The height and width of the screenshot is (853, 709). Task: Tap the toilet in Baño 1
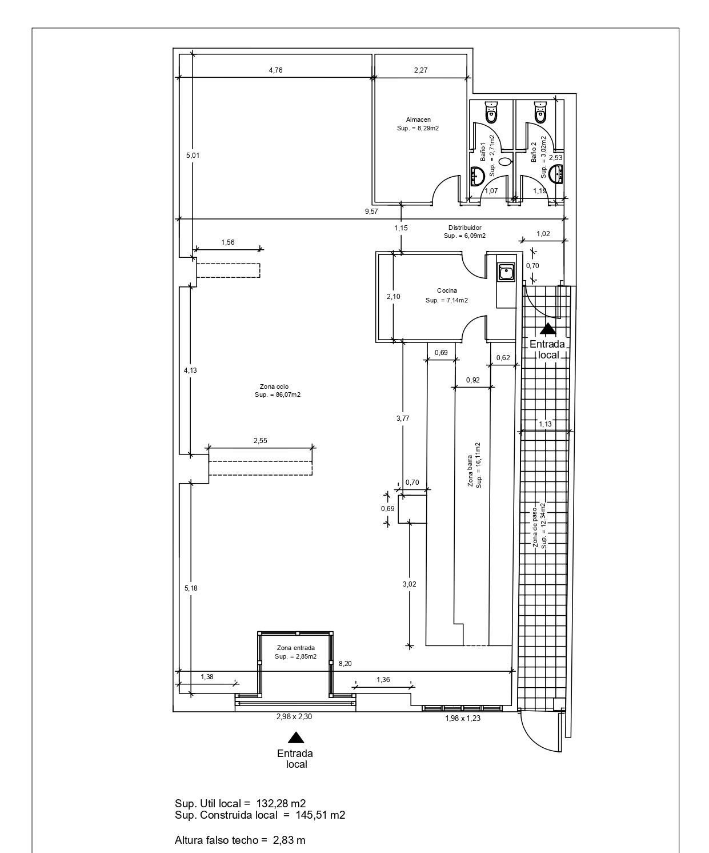pos(491,113)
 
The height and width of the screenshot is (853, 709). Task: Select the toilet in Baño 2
pos(540,113)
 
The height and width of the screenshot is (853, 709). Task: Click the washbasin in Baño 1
pos(476,176)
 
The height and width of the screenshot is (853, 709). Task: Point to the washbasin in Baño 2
pos(556,172)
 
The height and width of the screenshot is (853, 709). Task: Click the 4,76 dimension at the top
pos(275,70)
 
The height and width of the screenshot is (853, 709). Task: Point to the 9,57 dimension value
pos(371,211)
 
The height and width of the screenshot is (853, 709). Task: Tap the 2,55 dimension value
pos(260,441)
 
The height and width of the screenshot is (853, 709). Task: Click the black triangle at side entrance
pos(548,329)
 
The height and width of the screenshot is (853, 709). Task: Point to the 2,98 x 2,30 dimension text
pos(294,717)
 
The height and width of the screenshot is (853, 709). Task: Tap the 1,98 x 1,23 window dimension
pos(462,718)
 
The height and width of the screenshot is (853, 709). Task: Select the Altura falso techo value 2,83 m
pos(289,840)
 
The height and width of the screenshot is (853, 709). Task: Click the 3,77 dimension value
pos(402,418)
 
